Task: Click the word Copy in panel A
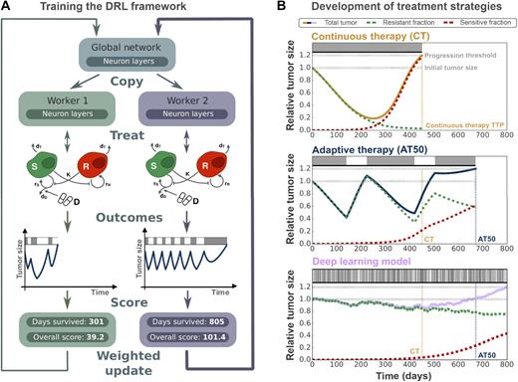(x=128, y=77)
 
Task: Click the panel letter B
(x=271, y=9)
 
